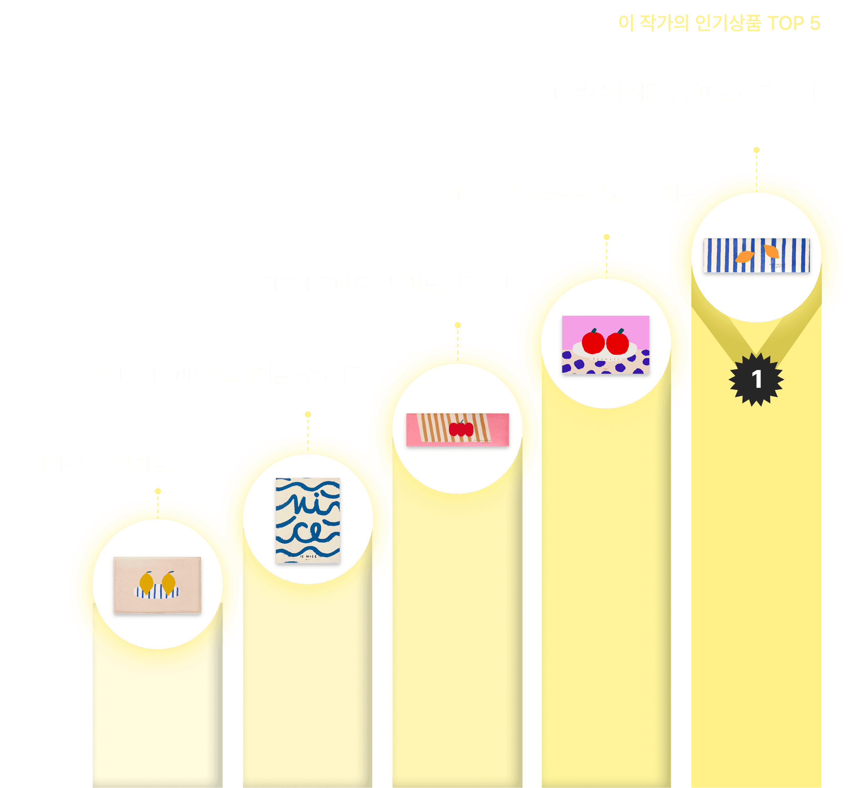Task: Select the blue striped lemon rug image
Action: click(757, 255)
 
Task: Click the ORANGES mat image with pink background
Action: click(606, 345)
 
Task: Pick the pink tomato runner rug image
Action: click(457, 429)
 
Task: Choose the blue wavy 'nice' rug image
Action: click(308, 520)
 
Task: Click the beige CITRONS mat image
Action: click(157, 585)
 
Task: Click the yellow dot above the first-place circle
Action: click(757, 150)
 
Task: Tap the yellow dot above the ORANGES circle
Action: click(606, 237)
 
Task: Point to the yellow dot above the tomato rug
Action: click(458, 325)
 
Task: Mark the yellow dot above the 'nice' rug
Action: click(308, 414)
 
